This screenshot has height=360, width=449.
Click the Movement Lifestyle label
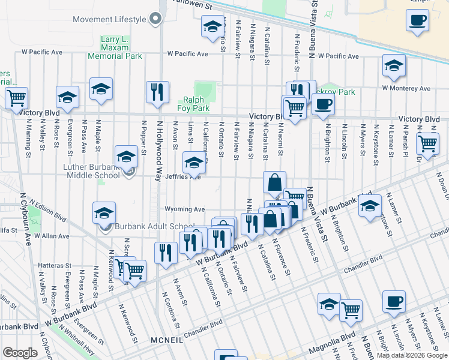click(109, 19)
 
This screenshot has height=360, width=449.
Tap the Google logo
click(20, 353)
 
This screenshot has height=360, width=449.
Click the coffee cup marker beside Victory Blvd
click(323, 103)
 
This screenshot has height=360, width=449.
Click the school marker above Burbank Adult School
click(104, 212)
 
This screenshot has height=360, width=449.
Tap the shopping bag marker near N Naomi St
click(274, 182)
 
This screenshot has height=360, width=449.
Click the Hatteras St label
click(55, 265)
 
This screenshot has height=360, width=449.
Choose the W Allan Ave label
click(53, 236)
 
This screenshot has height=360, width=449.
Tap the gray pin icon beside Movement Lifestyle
click(156, 19)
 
